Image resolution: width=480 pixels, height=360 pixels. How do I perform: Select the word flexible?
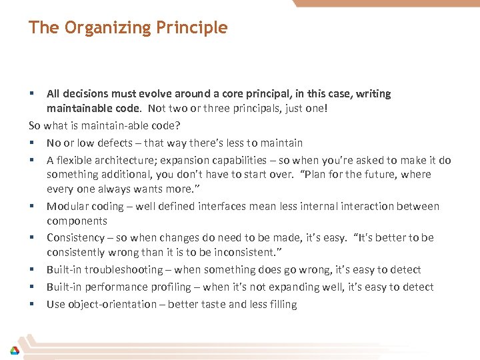point(75,160)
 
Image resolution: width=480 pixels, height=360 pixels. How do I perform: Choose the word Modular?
point(67,206)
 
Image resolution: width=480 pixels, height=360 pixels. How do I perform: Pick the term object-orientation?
point(114,304)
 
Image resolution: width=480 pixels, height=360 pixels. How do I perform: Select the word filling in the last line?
point(281,304)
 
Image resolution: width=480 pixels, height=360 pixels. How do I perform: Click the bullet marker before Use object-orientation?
point(31,304)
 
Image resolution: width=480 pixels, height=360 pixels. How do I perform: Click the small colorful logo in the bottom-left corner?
point(14,350)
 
